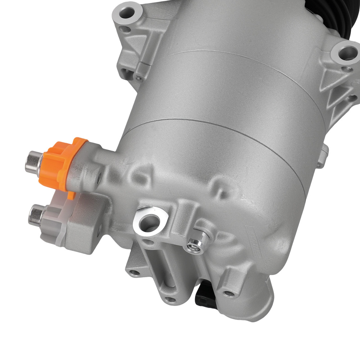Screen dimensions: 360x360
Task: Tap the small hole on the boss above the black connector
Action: [227, 292]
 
